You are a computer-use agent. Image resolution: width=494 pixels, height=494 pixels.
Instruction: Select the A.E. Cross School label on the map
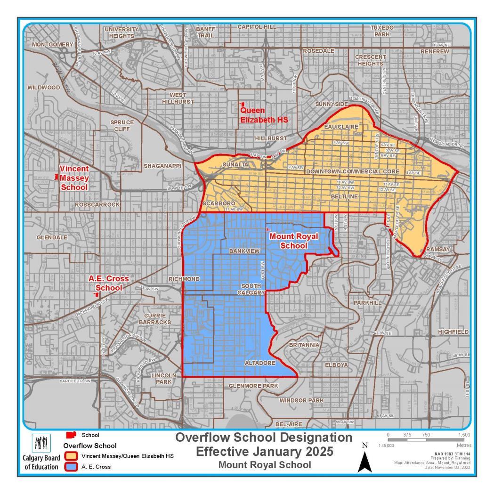tap(109, 283)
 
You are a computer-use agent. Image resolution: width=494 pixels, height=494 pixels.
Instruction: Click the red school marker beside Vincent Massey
tap(57, 177)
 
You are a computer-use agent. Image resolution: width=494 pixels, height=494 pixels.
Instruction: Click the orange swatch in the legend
tap(72, 457)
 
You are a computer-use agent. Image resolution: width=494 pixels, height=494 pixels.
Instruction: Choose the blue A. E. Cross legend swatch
tap(72, 467)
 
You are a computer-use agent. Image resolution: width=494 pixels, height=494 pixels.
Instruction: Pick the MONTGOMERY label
tap(53, 44)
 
